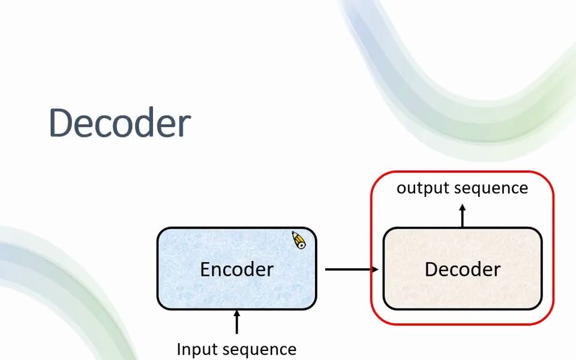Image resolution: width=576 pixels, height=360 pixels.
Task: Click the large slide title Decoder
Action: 119,123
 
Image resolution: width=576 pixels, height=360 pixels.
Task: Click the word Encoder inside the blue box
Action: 236,269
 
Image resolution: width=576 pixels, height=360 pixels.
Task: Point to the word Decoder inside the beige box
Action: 462,269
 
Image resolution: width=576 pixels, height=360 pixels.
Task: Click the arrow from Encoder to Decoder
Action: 351,269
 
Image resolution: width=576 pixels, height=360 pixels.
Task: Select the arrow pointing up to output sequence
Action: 463,216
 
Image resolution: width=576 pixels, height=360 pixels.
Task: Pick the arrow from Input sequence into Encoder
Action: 236,323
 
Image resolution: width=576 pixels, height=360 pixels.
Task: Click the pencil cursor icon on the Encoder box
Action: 298,240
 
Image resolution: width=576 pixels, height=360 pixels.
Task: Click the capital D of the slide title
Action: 63,123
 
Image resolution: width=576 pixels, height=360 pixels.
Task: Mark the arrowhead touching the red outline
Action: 375,269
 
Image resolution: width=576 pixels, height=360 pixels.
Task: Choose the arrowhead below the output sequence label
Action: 463,208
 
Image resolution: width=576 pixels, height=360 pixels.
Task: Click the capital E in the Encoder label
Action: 205,269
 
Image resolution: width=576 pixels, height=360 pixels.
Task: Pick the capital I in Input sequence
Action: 179,349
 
